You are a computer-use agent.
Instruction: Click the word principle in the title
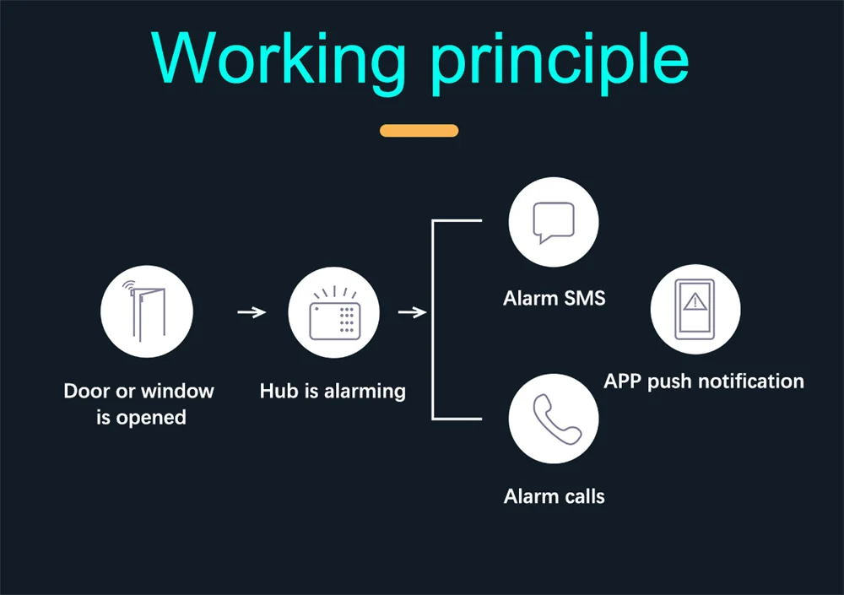pyautogui.click(x=559, y=59)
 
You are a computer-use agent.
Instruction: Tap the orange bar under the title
pyautogui.click(x=419, y=131)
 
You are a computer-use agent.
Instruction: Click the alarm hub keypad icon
pyautogui.click(x=333, y=312)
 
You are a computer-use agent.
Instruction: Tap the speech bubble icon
pyautogui.click(x=553, y=223)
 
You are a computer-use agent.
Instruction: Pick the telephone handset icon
pyautogui.click(x=553, y=419)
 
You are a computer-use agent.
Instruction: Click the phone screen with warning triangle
pyautogui.click(x=695, y=310)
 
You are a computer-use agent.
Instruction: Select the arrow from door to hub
pyautogui.click(x=252, y=312)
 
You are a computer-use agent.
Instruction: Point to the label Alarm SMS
pyautogui.click(x=554, y=298)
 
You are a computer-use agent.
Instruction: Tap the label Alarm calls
pyautogui.click(x=554, y=495)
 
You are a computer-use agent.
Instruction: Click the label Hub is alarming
pyautogui.click(x=333, y=391)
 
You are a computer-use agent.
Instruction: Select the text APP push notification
pyautogui.click(x=703, y=381)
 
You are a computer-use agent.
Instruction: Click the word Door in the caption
pyautogui.click(x=87, y=391)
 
